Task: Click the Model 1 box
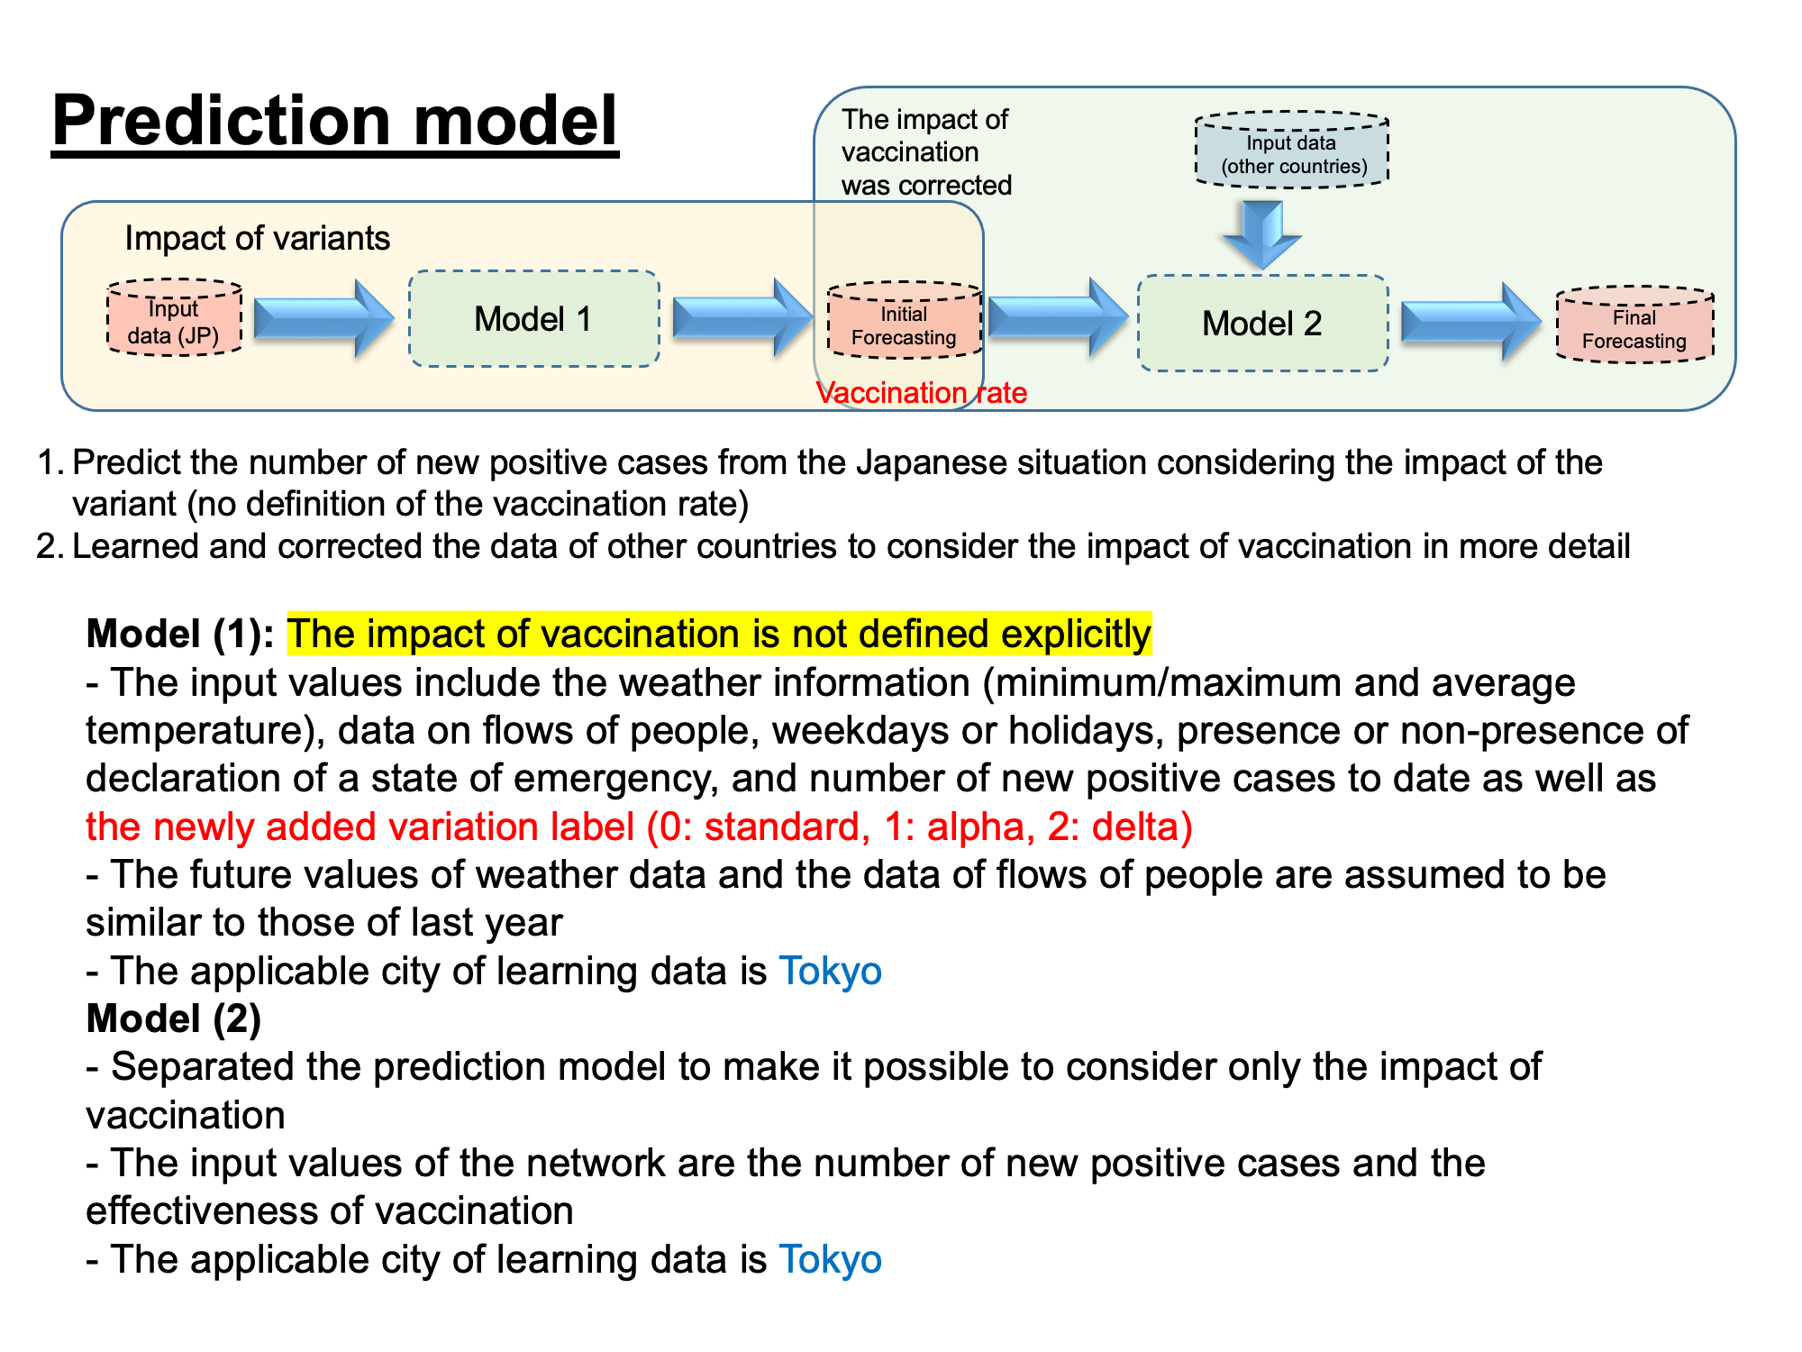tap(534, 318)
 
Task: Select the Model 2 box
tap(1262, 323)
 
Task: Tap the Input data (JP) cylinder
tap(174, 317)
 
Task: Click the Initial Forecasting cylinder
tap(904, 320)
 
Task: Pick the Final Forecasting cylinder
tap(1634, 324)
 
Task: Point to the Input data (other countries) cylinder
tap(1292, 150)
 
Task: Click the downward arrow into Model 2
tap(1262, 234)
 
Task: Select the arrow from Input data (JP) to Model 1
tap(324, 318)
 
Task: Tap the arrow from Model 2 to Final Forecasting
tap(1471, 323)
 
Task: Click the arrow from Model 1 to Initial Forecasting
tap(743, 318)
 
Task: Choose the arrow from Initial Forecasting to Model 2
tap(1059, 317)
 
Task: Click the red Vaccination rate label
tap(921, 393)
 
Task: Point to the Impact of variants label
tap(258, 238)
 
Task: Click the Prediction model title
tap(335, 122)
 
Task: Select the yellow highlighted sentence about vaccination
tap(719, 634)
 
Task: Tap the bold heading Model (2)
tap(174, 1019)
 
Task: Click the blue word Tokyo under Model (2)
tap(830, 1259)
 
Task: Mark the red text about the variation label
tap(640, 827)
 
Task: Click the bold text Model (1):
tap(180, 634)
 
